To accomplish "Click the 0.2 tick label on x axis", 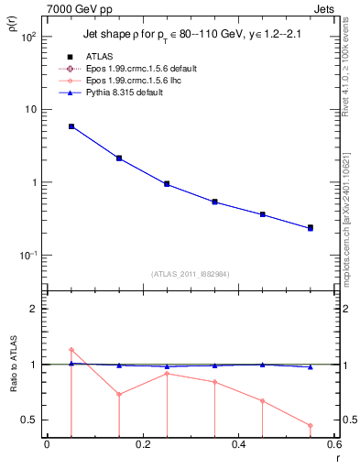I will point(143,446).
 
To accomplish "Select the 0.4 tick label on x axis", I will point(238,446).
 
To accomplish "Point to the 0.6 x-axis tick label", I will point(333,446).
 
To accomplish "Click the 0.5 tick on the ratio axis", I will point(30,420).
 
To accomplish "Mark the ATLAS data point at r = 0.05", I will point(71,126).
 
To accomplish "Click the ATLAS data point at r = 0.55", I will point(311,227).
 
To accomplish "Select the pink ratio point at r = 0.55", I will point(311,425).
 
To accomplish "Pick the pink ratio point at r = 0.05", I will point(71,350).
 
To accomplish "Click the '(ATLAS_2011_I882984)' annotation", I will point(191,273).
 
